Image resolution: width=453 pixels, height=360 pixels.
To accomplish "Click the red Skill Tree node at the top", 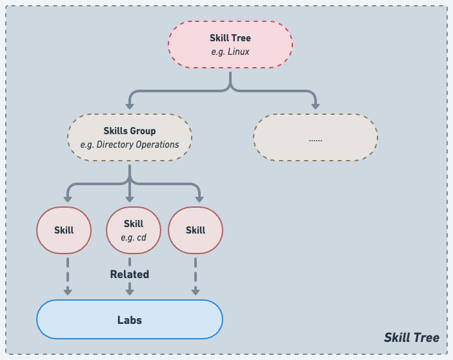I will tap(230, 45).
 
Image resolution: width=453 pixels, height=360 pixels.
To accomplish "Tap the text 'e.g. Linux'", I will tap(230, 52).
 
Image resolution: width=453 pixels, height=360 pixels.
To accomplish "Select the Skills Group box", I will tap(130, 137).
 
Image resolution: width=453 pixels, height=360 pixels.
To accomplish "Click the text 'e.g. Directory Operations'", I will tap(130, 145).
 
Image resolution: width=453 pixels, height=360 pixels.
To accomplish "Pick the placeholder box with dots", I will tap(316, 137).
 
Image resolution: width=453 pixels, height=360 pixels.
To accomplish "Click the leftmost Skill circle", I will tap(64, 230).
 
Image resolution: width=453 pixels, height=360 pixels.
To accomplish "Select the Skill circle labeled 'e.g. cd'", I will tap(134, 230).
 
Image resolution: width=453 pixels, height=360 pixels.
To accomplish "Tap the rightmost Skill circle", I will tap(196, 230).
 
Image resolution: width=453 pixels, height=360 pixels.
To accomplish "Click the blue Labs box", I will tap(130, 319).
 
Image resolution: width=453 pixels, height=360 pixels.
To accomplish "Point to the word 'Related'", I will tap(130, 274).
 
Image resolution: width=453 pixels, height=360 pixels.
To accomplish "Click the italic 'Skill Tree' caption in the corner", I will tap(411, 337).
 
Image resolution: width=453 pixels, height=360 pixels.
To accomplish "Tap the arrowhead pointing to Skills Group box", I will tap(130, 105).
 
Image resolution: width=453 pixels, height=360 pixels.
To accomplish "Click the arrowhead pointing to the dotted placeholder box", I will tap(316, 105).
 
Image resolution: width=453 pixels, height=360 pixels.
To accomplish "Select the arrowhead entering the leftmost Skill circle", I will tap(67, 198).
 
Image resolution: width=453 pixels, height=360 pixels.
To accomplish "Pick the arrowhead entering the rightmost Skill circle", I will tap(199, 198).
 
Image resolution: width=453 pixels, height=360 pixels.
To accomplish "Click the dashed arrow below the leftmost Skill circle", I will tap(67, 274).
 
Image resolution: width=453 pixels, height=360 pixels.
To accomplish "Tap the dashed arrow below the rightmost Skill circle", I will tap(196, 274).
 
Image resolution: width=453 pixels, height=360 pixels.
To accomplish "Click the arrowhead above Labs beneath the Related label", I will tap(130, 292).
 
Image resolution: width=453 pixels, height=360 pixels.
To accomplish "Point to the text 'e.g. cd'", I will tap(134, 237).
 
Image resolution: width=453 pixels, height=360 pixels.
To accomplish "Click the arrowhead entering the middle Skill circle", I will tap(130, 198).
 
